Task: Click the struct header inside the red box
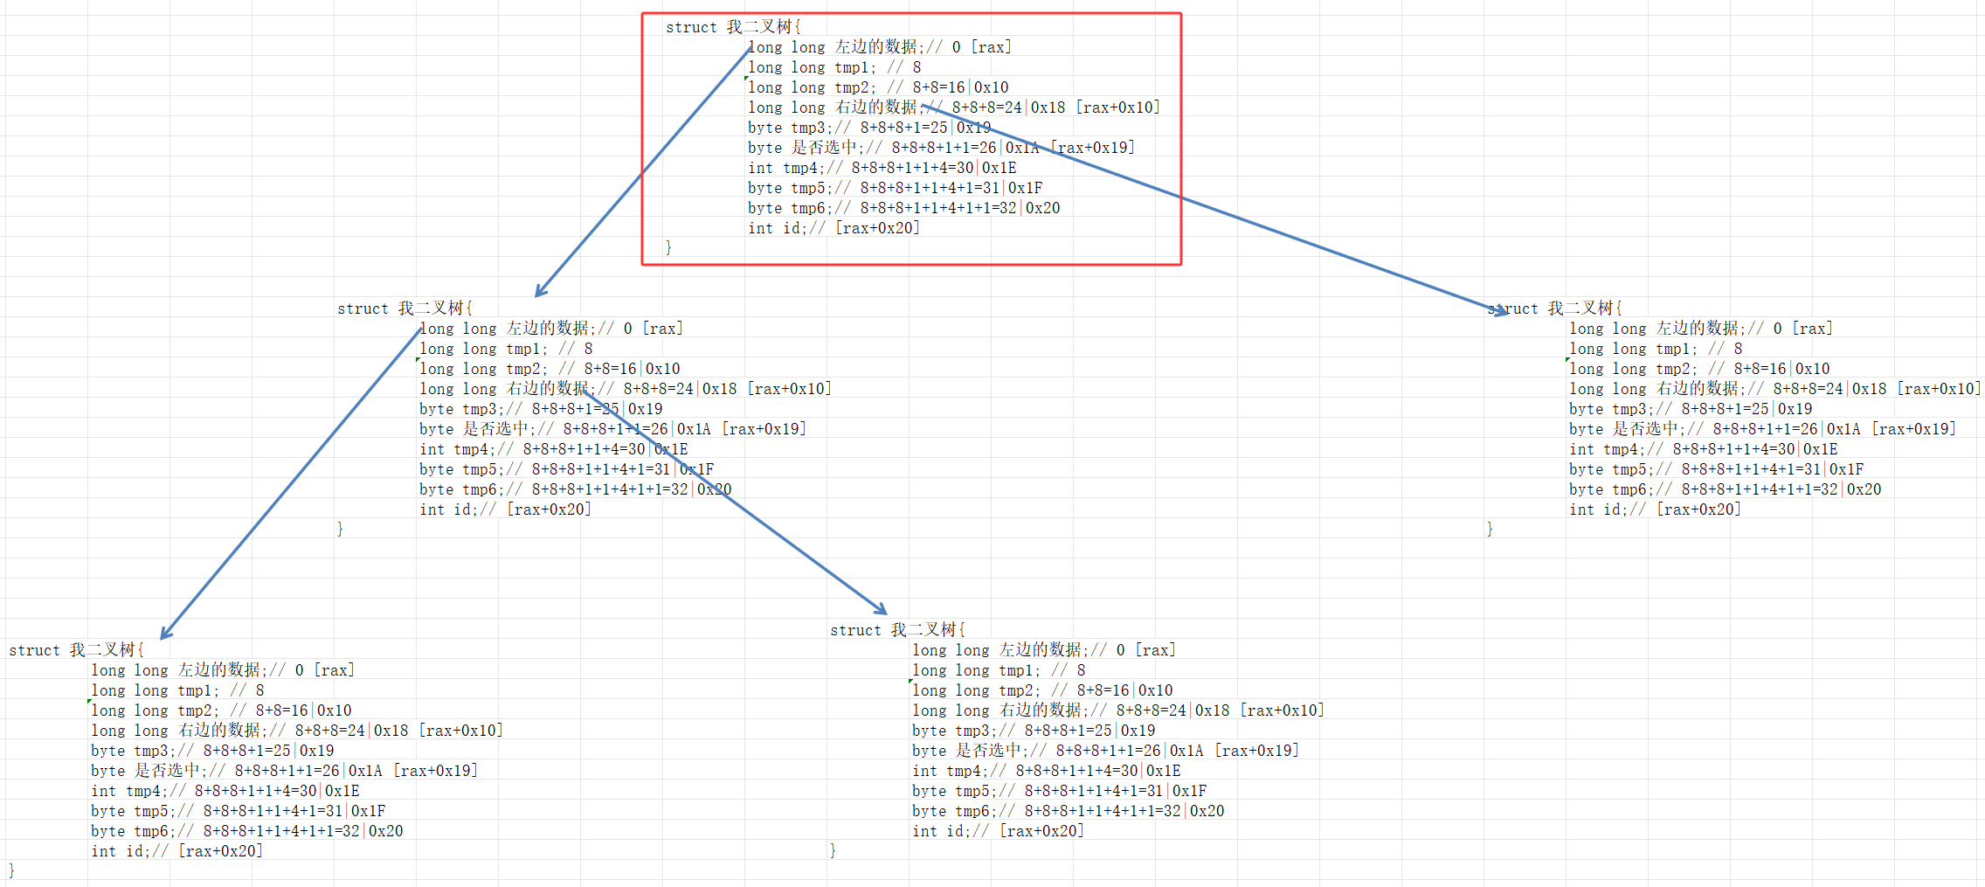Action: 732,27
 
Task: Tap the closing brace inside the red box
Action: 668,247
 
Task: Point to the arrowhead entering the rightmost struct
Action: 1497,309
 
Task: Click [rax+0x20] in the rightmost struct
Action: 1698,509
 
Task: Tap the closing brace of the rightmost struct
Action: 1490,529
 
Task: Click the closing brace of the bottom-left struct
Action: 11,870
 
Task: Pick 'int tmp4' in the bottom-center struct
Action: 951,771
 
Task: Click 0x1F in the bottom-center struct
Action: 1189,791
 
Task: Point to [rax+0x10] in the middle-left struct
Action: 790,389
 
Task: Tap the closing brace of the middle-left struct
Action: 340,529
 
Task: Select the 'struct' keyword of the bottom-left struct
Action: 34,650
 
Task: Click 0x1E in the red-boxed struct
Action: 999,168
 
